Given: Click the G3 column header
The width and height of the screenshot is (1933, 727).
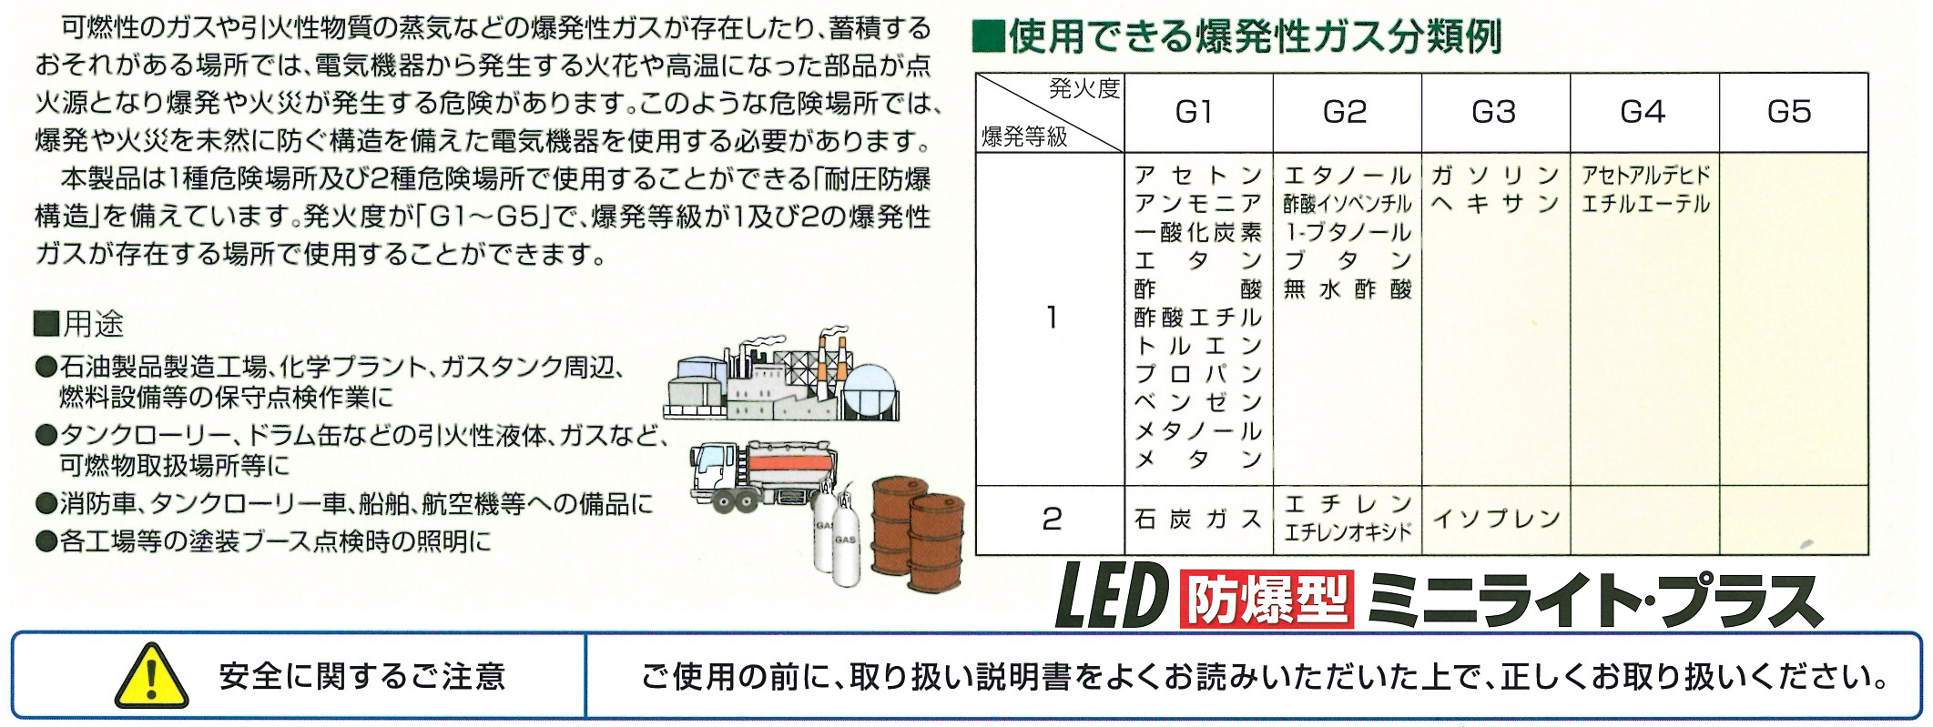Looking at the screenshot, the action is click(1494, 112).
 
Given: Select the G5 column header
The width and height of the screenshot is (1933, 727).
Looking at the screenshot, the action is click(1790, 112).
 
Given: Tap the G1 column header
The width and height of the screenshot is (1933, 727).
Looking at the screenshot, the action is click(1195, 112).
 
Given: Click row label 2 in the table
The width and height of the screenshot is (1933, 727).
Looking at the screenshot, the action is click(1052, 520).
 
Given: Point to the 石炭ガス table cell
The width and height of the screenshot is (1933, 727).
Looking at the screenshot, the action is click(1198, 520).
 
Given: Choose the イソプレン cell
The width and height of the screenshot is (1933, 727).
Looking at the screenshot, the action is click(1497, 520).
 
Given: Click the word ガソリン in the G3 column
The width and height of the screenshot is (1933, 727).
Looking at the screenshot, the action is click(1496, 176).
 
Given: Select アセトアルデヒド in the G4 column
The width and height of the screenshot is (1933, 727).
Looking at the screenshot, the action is click(1645, 176).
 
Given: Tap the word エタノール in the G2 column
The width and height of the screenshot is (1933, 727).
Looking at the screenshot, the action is click(1348, 176).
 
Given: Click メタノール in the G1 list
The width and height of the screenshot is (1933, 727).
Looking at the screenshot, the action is click(1198, 431).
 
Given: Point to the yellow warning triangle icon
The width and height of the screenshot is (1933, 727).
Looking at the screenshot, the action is click(152, 675).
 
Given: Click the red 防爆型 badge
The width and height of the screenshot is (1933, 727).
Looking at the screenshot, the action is click(1267, 600).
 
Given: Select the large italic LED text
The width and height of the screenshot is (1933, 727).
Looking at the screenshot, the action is click(1113, 598).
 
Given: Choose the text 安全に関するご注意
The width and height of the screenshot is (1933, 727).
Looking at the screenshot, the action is click(362, 676).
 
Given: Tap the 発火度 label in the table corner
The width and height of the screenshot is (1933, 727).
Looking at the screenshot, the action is click(1083, 88).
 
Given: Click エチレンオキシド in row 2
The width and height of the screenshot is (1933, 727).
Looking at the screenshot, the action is click(1348, 532).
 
